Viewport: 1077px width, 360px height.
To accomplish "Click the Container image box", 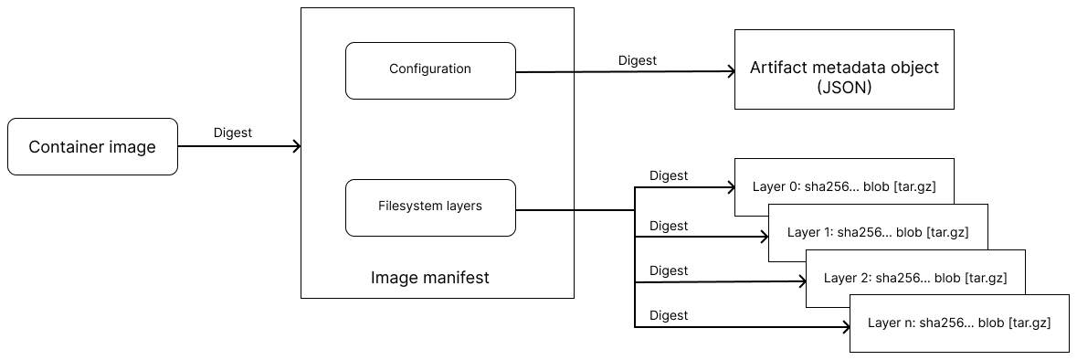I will click(x=92, y=146).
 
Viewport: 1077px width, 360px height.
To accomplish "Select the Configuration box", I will click(x=430, y=69).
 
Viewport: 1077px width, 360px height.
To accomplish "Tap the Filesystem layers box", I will click(x=430, y=206).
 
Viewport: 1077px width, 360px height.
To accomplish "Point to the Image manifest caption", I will click(x=430, y=278).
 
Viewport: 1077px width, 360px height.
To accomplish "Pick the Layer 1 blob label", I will click(x=877, y=232).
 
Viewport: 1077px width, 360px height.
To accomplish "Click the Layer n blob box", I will click(x=959, y=323).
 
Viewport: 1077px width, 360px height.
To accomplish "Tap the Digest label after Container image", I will click(x=232, y=132).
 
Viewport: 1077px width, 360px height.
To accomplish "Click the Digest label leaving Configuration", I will click(x=637, y=61).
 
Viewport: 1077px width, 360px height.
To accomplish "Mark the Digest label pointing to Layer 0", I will click(x=668, y=175).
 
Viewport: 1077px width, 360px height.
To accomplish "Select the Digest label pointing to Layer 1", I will click(x=668, y=226).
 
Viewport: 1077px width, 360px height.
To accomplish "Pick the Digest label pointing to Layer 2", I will click(x=668, y=270).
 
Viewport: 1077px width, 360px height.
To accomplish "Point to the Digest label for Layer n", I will click(x=668, y=315).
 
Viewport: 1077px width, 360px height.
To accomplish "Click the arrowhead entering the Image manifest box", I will click(x=295, y=146).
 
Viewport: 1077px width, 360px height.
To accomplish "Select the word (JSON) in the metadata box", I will click(x=844, y=89).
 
